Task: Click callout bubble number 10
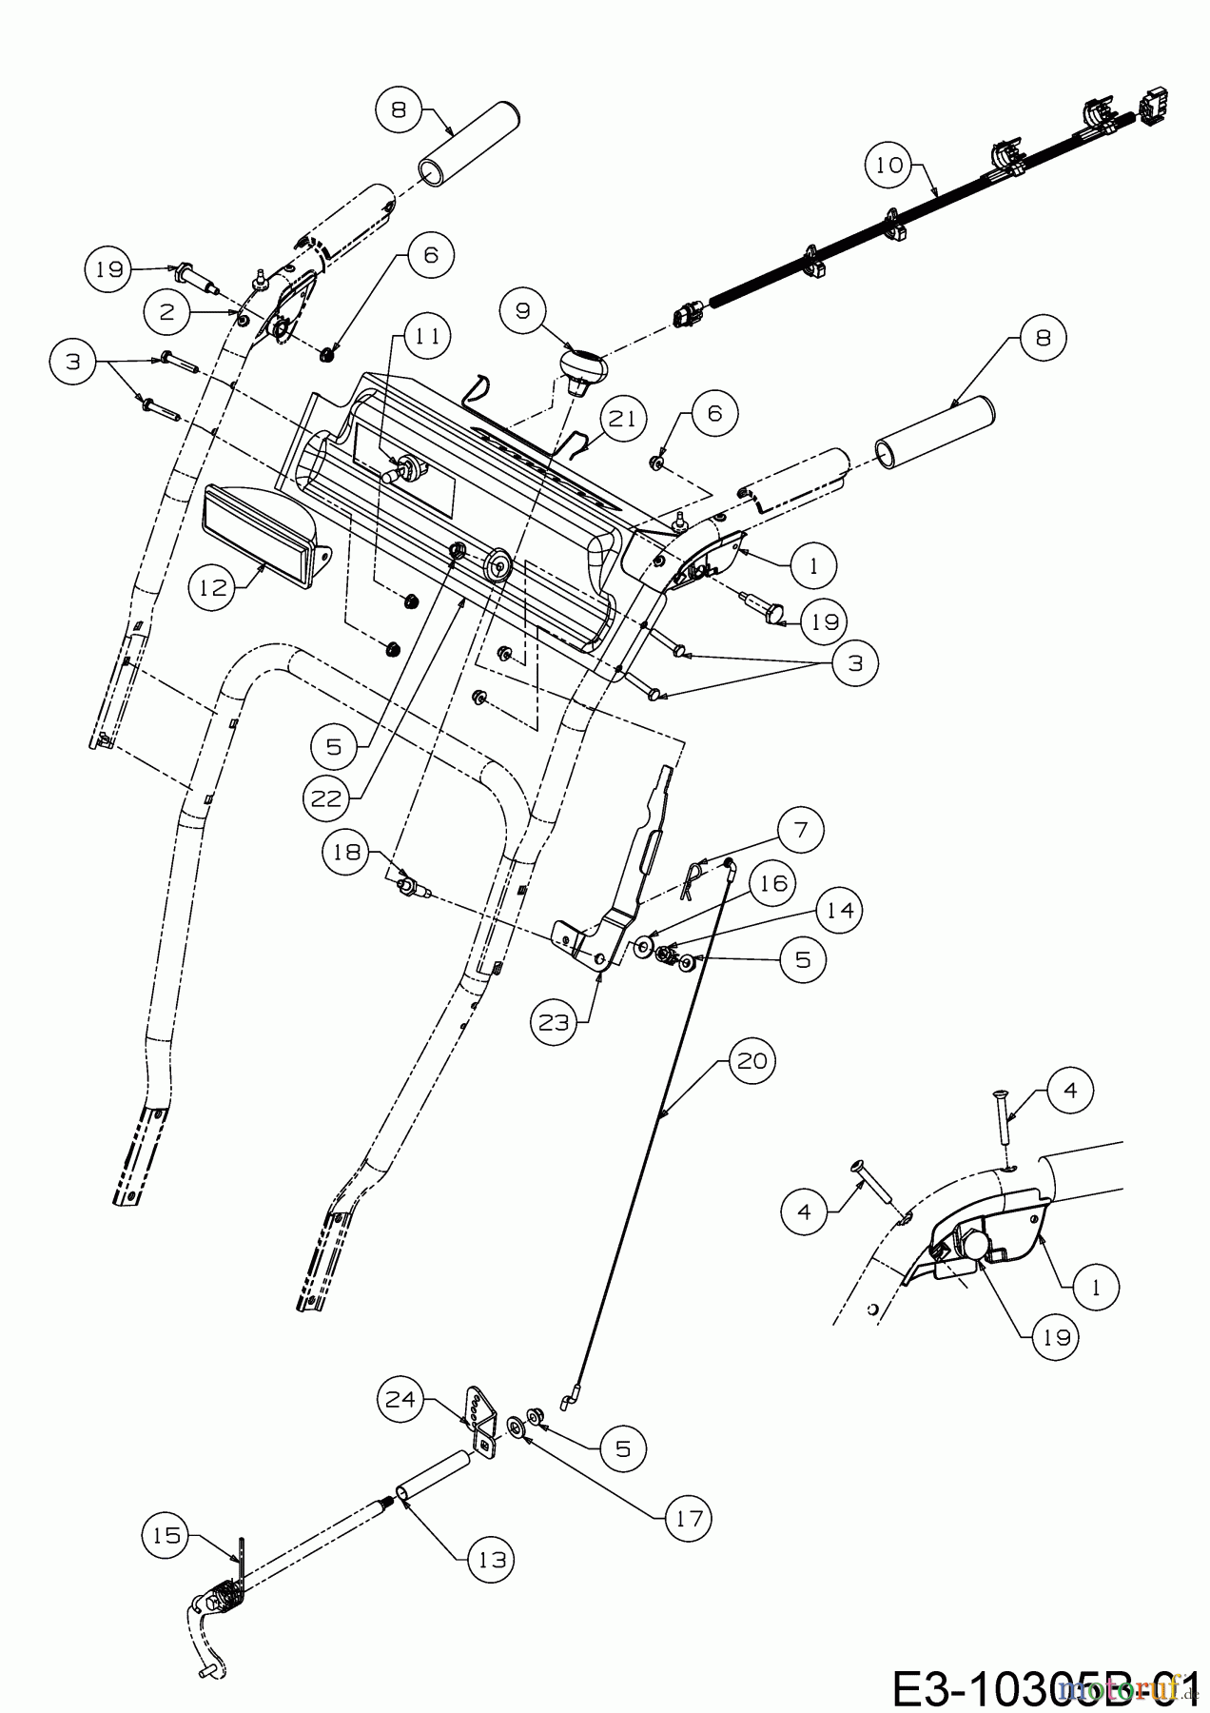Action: (x=888, y=165)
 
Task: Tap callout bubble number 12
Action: (x=213, y=587)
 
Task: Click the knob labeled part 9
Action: (x=582, y=368)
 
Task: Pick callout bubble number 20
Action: (x=751, y=1059)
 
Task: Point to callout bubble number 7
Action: (x=800, y=830)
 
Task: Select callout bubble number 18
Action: (x=346, y=851)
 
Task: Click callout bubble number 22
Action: (x=326, y=798)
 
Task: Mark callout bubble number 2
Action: (x=167, y=311)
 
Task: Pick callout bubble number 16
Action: (x=772, y=883)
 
